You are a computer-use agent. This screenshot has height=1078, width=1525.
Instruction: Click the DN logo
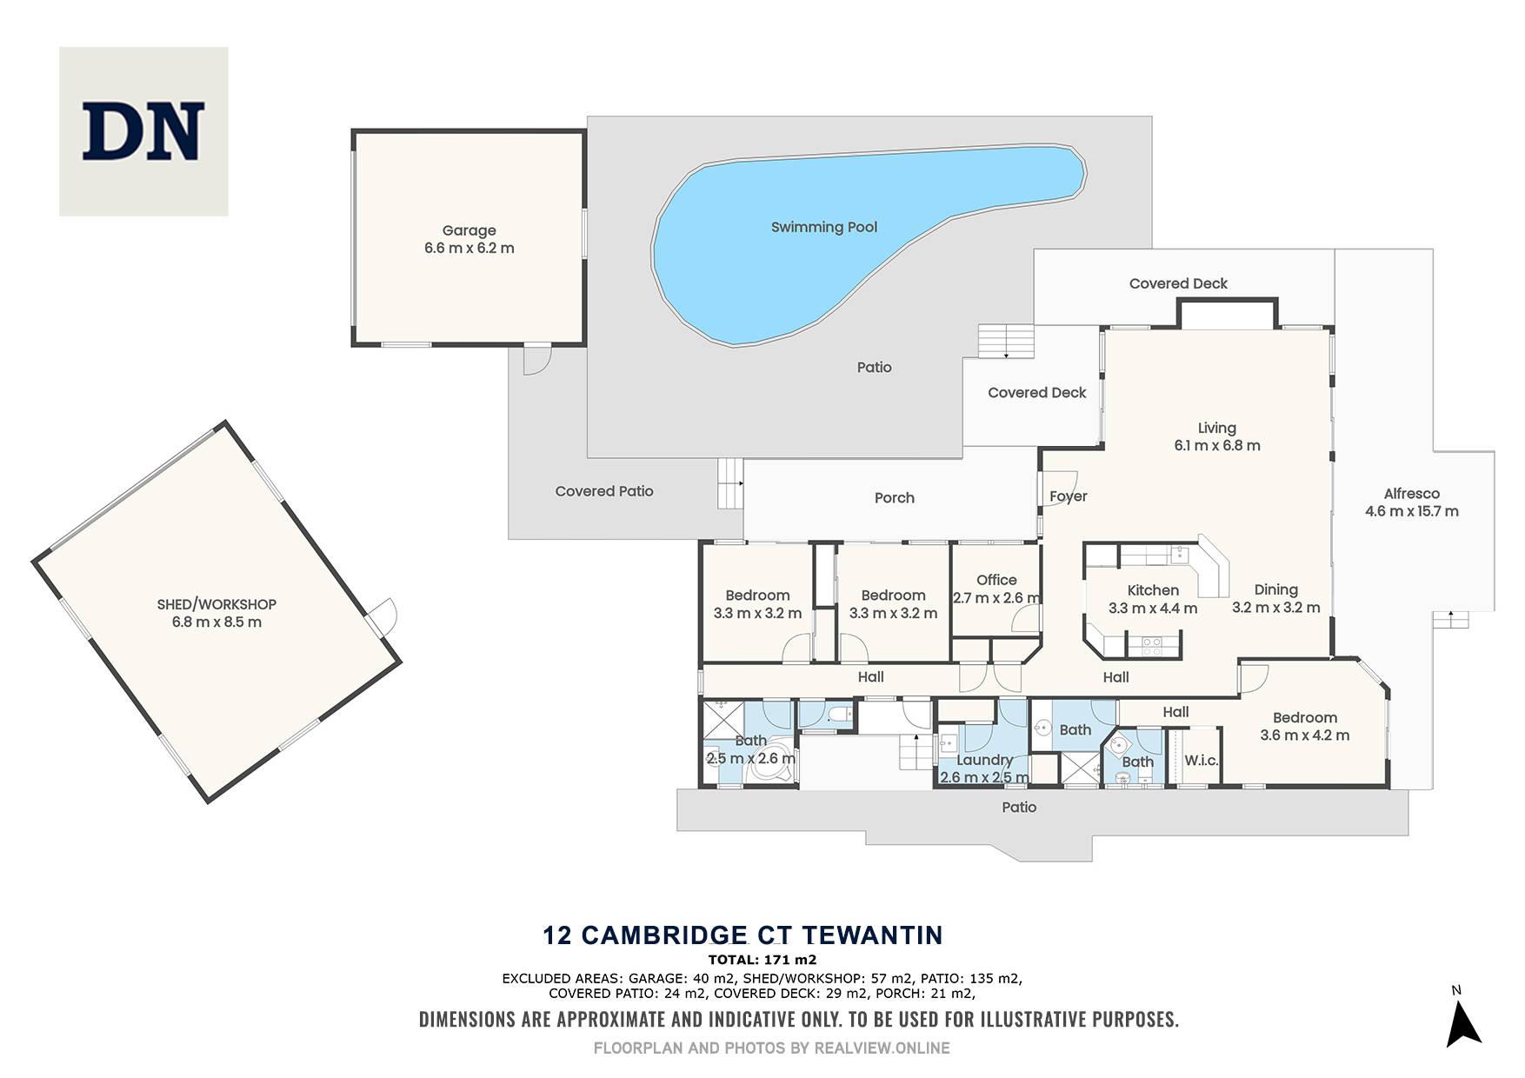(143, 131)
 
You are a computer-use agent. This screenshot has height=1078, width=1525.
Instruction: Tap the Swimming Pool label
(824, 227)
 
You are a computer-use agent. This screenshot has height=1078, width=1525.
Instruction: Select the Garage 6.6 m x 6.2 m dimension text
(469, 248)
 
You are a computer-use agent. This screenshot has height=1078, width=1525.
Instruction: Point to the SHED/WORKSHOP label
(216, 604)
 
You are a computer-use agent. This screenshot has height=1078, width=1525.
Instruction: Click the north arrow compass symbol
(1462, 1022)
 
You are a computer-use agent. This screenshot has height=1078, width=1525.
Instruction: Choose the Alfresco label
(1412, 493)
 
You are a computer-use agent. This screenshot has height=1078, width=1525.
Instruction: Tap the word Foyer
(1069, 496)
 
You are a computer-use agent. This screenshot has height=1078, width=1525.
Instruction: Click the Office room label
(996, 580)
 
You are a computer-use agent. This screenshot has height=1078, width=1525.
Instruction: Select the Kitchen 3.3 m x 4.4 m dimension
(1153, 609)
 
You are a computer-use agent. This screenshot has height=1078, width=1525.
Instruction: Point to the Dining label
(1276, 589)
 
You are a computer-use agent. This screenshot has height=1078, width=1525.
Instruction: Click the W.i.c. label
(1202, 761)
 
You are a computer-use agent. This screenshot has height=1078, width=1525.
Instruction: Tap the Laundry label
(985, 760)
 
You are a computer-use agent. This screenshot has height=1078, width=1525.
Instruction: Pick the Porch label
(895, 497)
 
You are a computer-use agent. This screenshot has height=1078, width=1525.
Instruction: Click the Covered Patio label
(604, 491)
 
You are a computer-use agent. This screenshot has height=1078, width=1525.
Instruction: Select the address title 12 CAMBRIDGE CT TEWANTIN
(743, 935)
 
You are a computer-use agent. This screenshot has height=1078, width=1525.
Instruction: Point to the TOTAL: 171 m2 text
(762, 960)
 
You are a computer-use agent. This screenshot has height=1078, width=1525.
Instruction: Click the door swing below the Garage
(537, 360)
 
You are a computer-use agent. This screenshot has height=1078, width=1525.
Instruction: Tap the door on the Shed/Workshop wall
(382, 616)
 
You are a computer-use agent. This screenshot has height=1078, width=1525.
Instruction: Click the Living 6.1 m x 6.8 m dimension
(1217, 445)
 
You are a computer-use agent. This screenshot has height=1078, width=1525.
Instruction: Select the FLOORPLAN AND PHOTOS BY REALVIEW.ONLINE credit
(772, 1048)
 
